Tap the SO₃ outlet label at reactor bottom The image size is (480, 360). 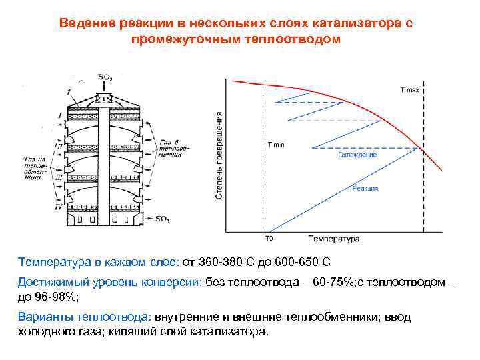click(x=161, y=218)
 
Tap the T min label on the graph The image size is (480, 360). click(x=276, y=145)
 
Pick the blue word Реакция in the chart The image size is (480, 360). click(x=365, y=189)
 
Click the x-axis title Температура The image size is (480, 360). click(x=333, y=239)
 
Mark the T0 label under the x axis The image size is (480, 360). click(x=269, y=239)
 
